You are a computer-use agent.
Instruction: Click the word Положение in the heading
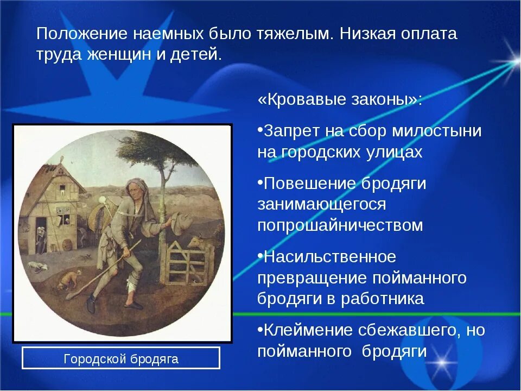[82, 34]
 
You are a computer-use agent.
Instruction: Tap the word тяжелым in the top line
[295, 34]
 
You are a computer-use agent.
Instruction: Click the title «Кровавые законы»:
[340, 99]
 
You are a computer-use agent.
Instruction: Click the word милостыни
[437, 130]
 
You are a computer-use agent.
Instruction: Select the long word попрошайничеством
[340, 225]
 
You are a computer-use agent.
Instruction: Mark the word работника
[383, 299]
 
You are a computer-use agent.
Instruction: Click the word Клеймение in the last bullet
[308, 330]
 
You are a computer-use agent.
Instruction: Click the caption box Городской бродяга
[121, 358]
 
